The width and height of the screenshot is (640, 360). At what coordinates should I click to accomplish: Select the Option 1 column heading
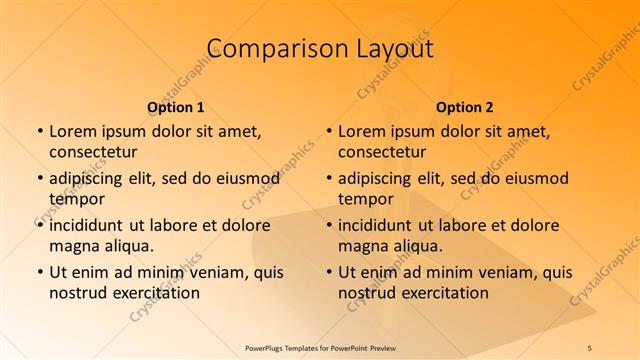point(176,106)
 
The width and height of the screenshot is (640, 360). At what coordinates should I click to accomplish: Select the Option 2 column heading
point(465,106)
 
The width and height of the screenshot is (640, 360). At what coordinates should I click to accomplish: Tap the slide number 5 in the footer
point(590,347)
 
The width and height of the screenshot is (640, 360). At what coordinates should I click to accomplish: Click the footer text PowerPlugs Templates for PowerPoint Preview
point(320,347)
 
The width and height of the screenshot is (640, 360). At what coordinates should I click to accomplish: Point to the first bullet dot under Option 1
point(40,131)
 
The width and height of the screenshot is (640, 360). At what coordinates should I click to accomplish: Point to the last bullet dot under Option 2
point(329,272)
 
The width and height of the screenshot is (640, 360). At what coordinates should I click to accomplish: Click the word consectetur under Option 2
point(382,152)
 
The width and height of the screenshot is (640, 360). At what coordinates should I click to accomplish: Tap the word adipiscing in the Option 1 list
point(89,179)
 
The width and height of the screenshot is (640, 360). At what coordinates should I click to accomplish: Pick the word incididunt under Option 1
point(87,225)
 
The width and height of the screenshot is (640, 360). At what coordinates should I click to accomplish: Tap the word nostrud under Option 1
point(77,293)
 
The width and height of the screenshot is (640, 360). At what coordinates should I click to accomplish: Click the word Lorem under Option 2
point(361,131)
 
